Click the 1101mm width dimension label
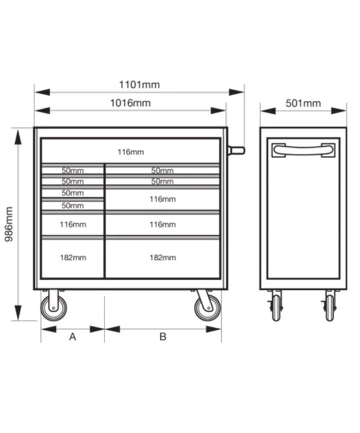(x=139, y=85)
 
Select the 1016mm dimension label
(x=130, y=103)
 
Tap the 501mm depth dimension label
(x=303, y=103)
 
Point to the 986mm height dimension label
(x=9, y=224)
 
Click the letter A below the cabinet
(x=73, y=337)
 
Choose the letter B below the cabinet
(x=163, y=337)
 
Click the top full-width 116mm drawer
(x=130, y=151)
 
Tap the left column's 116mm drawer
(x=73, y=224)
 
